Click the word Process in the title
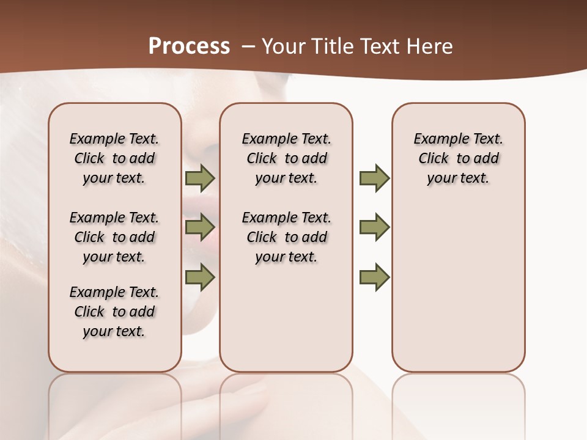click(189, 46)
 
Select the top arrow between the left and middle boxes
click(200, 178)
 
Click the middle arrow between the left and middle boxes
click(200, 227)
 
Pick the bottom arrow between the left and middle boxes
click(200, 277)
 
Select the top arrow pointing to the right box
click(374, 178)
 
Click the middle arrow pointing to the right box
click(374, 227)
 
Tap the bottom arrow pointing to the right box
click(374, 277)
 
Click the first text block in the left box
click(114, 158)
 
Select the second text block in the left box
click(114, 237)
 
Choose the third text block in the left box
click(114, 312)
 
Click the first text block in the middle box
click(286, 158)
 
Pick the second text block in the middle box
click(286, 237)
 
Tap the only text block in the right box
click(458, 158)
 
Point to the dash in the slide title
click(248, 46)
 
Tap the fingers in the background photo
click(245, 403)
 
